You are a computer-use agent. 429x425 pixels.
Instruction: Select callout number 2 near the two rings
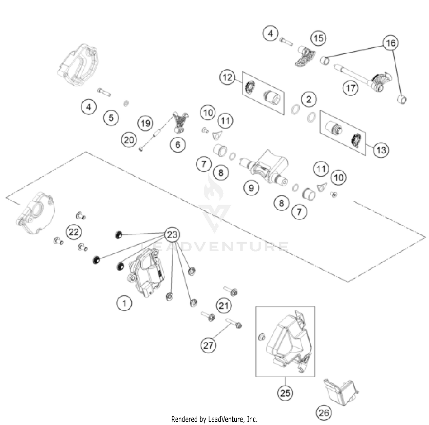309,99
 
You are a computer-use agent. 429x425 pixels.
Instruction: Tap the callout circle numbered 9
251,188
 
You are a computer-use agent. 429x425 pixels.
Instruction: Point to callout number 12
227,77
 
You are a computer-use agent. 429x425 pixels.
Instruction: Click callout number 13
381,150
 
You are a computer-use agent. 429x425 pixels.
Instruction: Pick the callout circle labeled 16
391,43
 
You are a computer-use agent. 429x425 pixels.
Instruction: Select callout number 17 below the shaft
351,88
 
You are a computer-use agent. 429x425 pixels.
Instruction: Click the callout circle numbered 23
172,235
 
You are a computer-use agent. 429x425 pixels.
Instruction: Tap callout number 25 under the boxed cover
285,393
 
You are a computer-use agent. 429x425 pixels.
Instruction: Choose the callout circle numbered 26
324,413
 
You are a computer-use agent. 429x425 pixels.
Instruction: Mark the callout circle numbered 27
208,345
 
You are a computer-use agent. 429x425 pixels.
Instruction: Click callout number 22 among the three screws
74,232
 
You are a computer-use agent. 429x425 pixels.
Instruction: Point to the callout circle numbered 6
178,144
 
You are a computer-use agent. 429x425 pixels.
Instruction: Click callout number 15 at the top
319,38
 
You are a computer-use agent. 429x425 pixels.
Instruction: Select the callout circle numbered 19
146,123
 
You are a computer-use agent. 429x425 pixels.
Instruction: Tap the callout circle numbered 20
129,140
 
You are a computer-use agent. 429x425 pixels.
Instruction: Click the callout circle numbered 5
111,118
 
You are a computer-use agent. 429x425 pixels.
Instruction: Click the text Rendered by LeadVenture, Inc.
214,419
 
